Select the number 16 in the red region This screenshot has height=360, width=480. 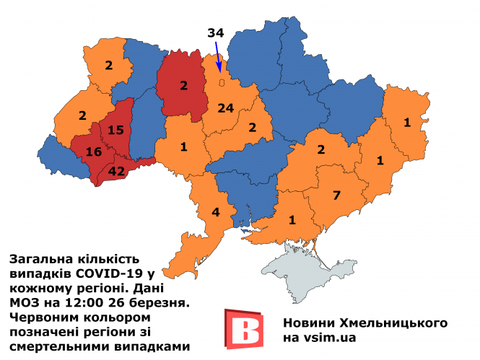point(94,152)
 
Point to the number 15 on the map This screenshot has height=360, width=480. point(115,130)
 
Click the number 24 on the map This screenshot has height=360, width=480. point(226,108)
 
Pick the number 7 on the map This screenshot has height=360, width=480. point(336,195)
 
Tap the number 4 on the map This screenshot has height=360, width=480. point(215,213)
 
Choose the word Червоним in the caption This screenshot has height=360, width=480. point(45,317)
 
